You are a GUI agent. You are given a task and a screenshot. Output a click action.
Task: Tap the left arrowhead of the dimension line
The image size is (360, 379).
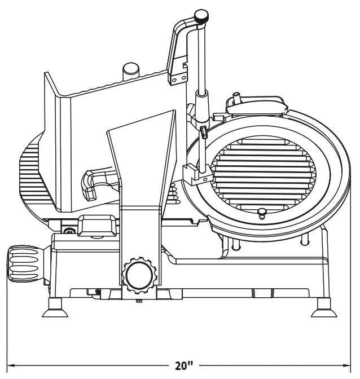pos(10,365)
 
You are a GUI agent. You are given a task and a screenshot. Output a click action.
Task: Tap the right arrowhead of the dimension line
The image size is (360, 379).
pos(351,365)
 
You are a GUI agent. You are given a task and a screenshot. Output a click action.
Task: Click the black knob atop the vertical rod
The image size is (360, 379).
pos(201,17)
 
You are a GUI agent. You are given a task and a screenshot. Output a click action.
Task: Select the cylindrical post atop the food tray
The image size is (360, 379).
pos(131,70)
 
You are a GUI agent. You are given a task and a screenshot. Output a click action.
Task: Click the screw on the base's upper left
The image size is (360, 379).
pos(69,231)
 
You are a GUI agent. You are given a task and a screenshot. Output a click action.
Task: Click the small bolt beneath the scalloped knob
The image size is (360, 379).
pos(139,299)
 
